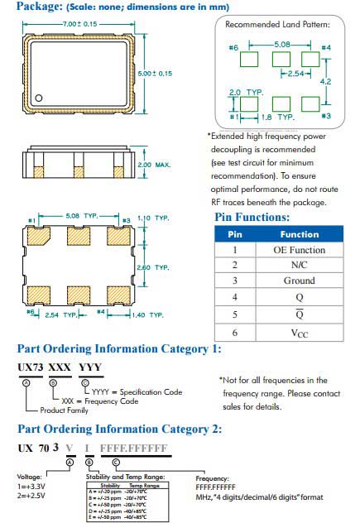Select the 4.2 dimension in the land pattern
tap(326, 82)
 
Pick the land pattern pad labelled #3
tap(312, 103)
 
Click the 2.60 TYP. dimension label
tap(152, 267)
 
